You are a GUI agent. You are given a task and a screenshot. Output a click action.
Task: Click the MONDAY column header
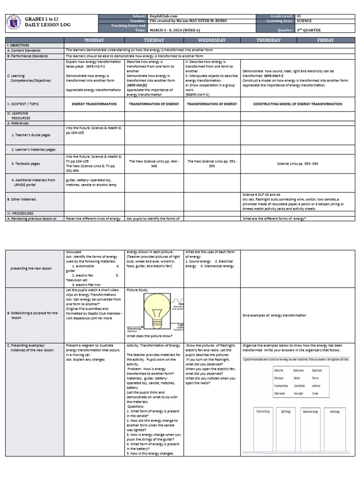click(94, 40)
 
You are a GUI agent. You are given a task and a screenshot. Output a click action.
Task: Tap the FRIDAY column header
click(325, 40)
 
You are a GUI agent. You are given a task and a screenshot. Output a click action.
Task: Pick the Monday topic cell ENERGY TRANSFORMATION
click(94, 104)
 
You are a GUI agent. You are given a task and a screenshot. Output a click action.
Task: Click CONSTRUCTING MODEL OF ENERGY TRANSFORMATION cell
click(297, 104)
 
